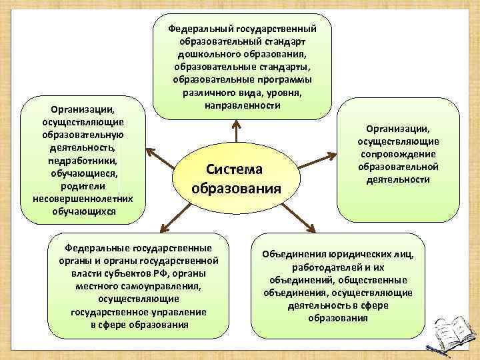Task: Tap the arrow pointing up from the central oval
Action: click(235, 131)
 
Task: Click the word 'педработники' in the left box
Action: click(83, 161)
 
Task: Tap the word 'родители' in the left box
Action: click(83, 186)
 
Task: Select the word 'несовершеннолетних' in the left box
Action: click(83, 199)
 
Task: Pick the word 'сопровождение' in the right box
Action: click(397, 154)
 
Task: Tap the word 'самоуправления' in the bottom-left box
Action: click(167, 287)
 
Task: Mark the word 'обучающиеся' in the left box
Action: click(83, 173)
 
